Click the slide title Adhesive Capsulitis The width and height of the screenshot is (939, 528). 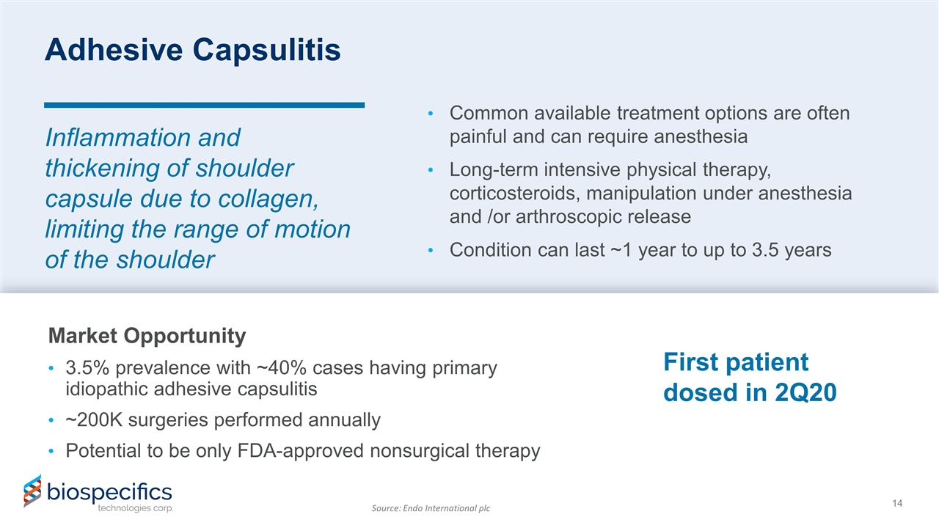pyautogui.click(x=192, y=49)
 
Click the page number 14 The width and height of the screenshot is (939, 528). pyautogui.click(x=896, y=503)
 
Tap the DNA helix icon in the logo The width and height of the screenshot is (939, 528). pyautogui.click(x=32, y=491)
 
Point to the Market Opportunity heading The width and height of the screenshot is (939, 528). pyautogui.click(x=147, y=336)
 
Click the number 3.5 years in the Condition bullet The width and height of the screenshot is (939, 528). pyautogui.click(x=779, y=250)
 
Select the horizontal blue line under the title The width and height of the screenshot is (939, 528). pyautogui.click(x=205, y=105)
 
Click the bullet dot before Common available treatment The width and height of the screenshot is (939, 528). pyautogui.click(x=432, y=114)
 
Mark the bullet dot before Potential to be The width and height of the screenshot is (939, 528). pyautogui.click(x=49, y=452)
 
